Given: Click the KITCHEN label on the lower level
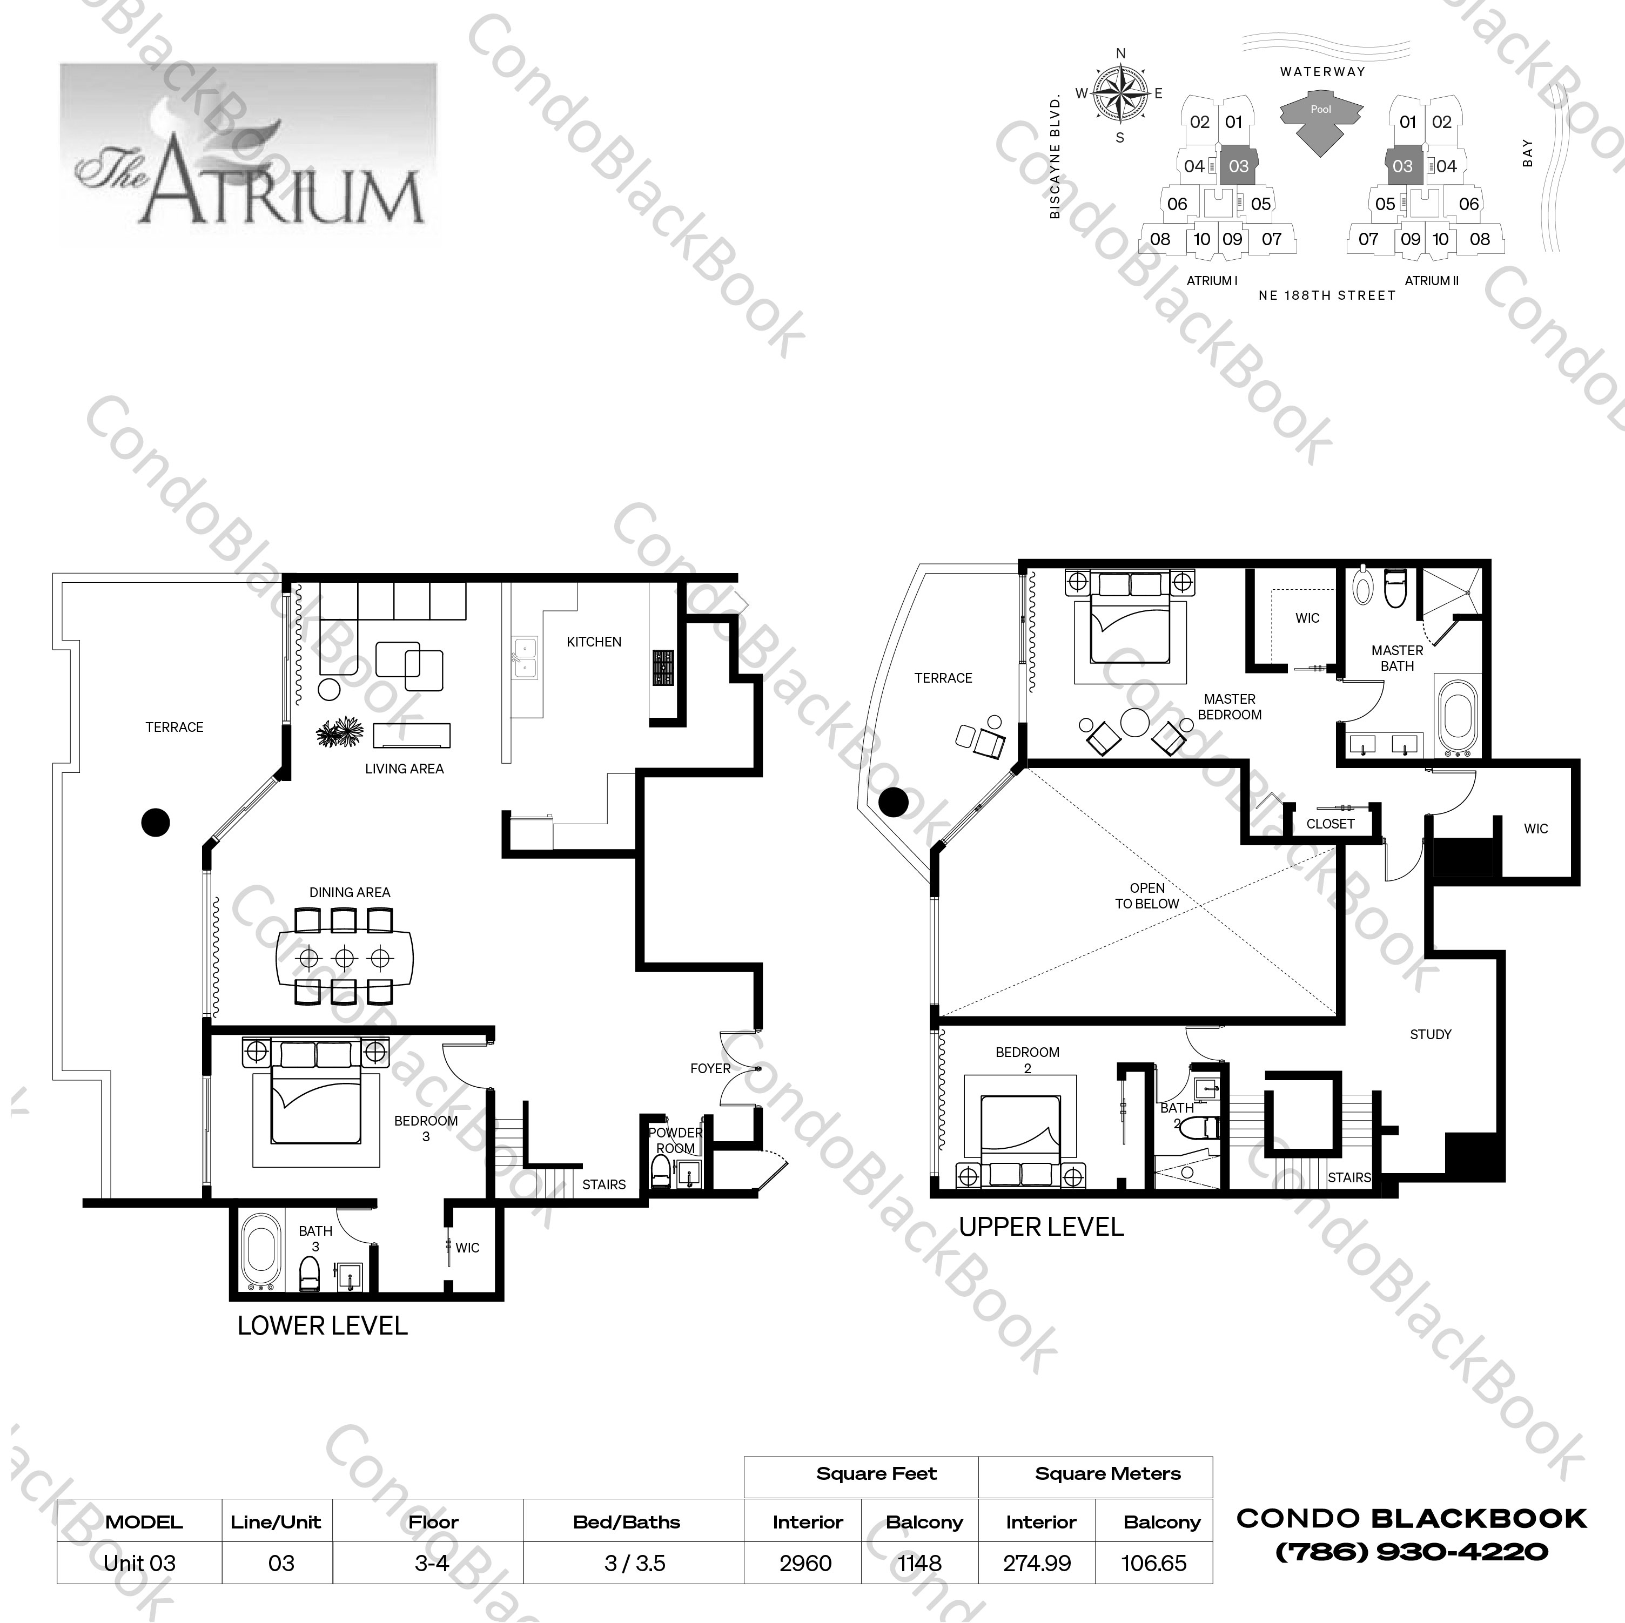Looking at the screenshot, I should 594,642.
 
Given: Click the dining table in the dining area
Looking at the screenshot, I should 345,958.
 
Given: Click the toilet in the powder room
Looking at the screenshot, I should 661,1170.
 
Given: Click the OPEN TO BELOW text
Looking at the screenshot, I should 1147,895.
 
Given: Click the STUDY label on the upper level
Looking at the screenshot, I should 1430,1034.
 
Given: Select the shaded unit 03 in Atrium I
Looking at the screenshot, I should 1238,166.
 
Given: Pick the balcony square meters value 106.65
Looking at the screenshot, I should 1153,1563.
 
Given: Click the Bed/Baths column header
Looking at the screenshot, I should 627,1522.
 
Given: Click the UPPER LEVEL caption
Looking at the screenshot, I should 1041,1227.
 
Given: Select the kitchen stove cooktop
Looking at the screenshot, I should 663,668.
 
